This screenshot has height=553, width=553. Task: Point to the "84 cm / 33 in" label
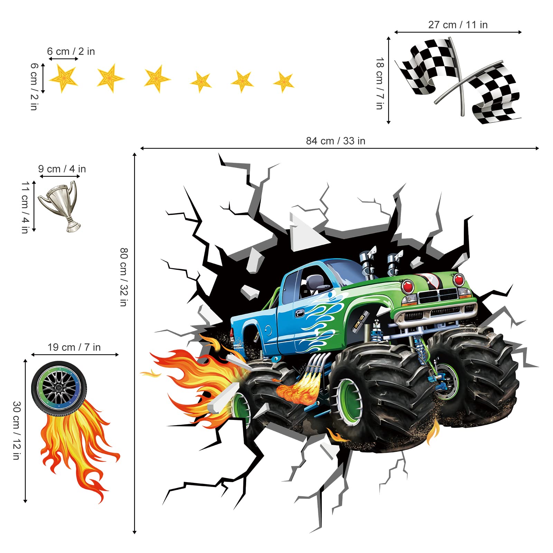point(336,141)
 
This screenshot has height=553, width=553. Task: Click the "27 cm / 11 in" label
point(458,25)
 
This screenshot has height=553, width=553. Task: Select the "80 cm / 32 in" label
point(124,277)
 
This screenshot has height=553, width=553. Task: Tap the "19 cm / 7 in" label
point(74,347)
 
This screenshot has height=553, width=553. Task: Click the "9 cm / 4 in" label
point(62,169)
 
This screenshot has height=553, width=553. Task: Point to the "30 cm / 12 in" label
point(17,430)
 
